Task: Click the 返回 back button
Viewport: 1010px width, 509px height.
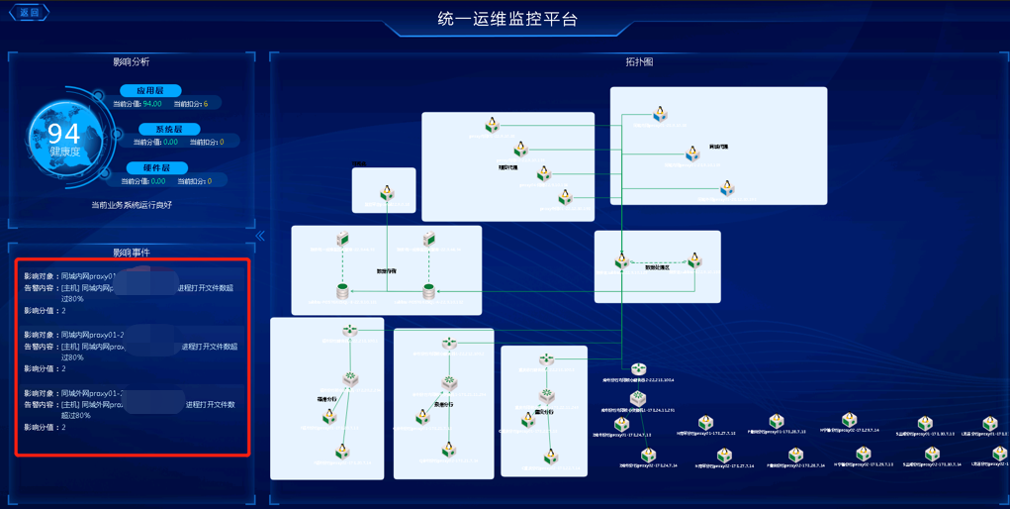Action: tap(29, 13)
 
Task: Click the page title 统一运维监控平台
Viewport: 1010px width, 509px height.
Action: tap(507, 19)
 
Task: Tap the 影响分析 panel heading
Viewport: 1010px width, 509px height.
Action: tap(132, 61)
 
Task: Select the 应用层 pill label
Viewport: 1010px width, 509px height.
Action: tap(151, 90)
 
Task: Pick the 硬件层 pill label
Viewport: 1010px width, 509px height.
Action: tap(156, 168)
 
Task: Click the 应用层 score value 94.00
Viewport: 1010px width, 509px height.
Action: tap(151, 104)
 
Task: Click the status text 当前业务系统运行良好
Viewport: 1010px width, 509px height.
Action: tap(132, 205)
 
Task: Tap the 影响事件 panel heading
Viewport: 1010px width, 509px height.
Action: tap(132, 253)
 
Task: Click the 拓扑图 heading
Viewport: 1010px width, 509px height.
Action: tap(639, 61)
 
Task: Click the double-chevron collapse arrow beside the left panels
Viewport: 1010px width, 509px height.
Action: tap(260, 236)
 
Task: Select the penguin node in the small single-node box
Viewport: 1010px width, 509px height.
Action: tap(387, 193)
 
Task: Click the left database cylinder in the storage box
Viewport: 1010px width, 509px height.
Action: tap(342, 291)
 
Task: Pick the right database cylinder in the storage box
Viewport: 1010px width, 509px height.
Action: tap(428, 291)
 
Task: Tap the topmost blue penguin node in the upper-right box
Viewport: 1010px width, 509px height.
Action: tap(660, 116)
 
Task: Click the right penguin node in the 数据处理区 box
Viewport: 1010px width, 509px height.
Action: tap(694, 260)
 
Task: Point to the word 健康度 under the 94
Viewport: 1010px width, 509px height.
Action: tap(65, 152)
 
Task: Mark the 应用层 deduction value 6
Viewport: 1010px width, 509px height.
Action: tap(205, 104)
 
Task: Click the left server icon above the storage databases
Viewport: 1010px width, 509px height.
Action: tap(342, 239)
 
